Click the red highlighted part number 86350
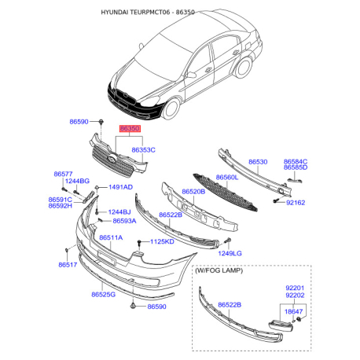point(130,129)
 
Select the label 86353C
point(143,150)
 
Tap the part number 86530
point(258,162)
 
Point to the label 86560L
point(227,178)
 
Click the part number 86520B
point(193,192)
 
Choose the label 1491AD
point(120,187)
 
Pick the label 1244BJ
point(119,212)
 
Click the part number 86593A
point(124,221)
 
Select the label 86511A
point(111,237)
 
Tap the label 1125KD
point(162,241)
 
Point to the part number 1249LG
point(230,253)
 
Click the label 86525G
point(103,295)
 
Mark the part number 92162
point(296,203)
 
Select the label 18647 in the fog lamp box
point(293,311)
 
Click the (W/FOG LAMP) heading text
point(219,270)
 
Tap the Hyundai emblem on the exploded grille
point(112,159)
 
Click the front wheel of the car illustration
point(171,108)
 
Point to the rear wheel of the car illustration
point(244,68)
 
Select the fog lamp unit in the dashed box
point(281,326)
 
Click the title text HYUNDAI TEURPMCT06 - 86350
point(148,13)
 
